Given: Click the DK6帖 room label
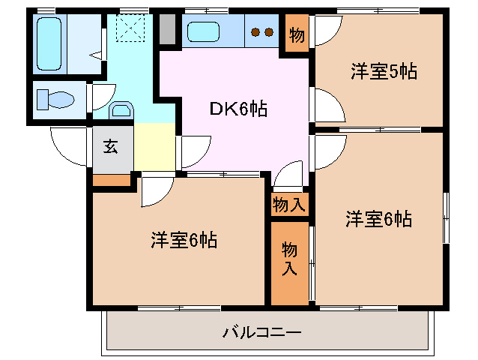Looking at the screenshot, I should point(238,109).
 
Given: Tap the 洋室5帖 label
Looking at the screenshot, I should point(384,72).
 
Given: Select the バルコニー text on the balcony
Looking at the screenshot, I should point(262,331).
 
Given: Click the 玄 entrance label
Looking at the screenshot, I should point(111,146).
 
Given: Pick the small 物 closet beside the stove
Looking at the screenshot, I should point(297,34).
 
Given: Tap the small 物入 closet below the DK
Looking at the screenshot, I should point(288,202).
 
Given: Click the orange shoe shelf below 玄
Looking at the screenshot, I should point(111,178).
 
